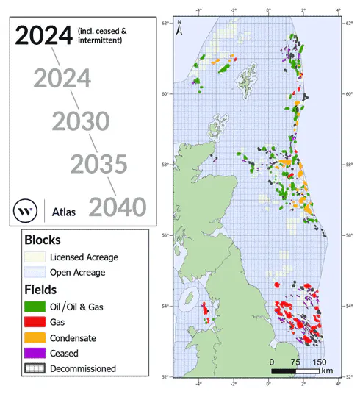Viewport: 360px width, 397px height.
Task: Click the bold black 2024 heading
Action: tap(43, 35)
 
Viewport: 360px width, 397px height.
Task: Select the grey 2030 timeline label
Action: tap(81, 121)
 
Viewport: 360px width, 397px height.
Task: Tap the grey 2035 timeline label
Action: tap(99, 165)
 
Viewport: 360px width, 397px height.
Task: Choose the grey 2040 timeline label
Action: tap(118, 207)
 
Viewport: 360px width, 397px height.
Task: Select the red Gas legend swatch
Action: tap(33, 322)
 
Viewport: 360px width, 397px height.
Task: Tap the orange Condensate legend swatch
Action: tap(33, 337)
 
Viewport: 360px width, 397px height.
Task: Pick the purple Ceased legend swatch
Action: tap(33, 353)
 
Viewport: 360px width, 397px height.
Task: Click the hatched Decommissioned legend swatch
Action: tap(33, 368)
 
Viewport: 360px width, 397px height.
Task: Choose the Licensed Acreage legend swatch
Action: tap(33, 257)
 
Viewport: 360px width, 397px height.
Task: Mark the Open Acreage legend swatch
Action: tap(33, 272)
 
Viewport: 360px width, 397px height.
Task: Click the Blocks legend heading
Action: tap(43, 240)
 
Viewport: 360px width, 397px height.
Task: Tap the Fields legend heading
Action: tap(42, 290)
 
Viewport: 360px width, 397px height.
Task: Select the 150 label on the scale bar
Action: tap(320, 362)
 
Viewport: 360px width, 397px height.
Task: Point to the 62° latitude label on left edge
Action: tap(168, 23)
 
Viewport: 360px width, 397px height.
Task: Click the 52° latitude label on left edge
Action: tap(168, 376)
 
